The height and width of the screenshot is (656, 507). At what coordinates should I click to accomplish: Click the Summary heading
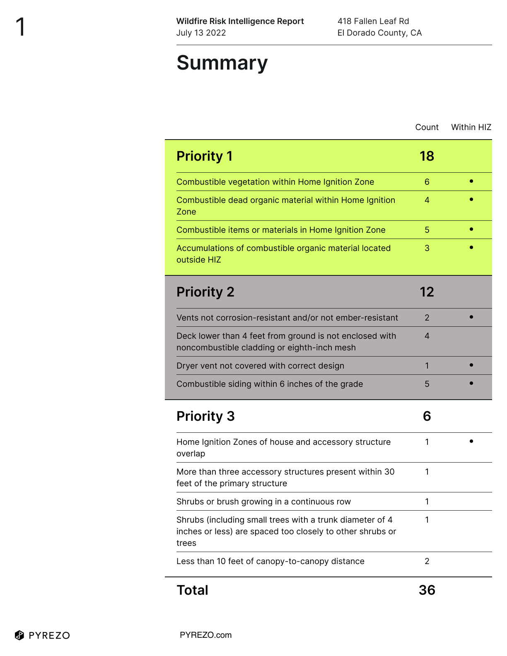pyautogui.click(x=222, y=63)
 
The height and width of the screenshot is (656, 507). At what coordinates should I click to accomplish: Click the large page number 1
pyautogui.click(x=20, y=27)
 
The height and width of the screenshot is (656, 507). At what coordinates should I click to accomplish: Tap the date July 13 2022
pyautogui.click(x=201, y=33)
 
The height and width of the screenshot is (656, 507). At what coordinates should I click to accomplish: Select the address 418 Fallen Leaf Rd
pyautogui.click(x=373, y=21)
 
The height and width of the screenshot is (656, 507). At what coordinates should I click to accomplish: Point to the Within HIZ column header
pyautogui.click(x=471, y=127)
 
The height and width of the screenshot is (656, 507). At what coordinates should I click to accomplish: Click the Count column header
pyautogui.click(x=427, y=127)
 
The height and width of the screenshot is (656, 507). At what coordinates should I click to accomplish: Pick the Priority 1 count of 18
pyautogui.click(x=427, y=156)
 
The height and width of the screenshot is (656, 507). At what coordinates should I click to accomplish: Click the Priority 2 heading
pyautogui.click(x=205, y=292)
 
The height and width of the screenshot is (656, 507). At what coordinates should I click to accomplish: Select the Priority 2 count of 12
pyautogui.click(x=427, y=292)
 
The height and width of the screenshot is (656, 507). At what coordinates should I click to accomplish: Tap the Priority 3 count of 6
pyautogui.click(x=427, y=416)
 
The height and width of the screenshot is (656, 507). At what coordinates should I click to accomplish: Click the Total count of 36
pyautogui.click(x=427, y=590)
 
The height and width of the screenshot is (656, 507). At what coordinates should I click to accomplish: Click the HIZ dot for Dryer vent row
pyautogui.click(x=471, y=365)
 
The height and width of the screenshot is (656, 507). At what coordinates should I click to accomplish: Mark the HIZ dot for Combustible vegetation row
pyautogui.click(x=471, y=181)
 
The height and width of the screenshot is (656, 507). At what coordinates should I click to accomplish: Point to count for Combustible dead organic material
pyautogui.click(x=427, y=200)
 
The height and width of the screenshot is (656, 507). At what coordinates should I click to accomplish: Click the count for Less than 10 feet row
pyautogui.click(x=427, y=561)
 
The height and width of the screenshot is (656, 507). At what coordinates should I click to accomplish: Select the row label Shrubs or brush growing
pyautogui.click(x=263, y=502)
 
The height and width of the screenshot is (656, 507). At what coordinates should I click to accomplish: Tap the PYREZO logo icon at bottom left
pyautogui.click(x=19, y=635)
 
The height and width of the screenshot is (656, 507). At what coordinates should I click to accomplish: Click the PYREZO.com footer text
pyautogui.click(x=205, y=635)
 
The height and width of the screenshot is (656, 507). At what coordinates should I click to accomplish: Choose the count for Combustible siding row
pyautogui.click(x=427, y=384)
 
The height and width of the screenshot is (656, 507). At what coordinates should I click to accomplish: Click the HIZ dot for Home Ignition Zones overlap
pyautogui.click(x=471, y=441)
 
